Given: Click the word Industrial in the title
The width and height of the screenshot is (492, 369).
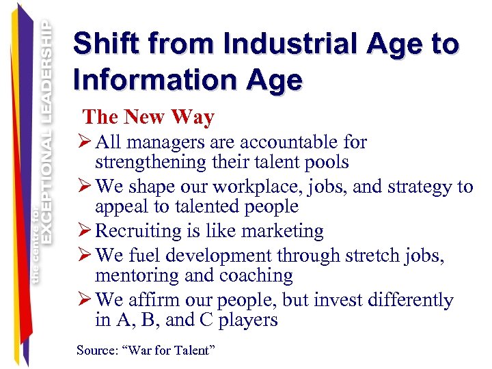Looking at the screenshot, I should point(269,44).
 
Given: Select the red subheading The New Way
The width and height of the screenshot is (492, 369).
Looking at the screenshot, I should point(148,118).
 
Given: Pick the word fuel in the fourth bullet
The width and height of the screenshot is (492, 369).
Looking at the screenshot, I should point(146,256).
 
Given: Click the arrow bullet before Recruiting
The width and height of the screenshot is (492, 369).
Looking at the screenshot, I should point(87,231).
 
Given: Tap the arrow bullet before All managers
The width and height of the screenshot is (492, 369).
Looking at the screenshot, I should point(87,142).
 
